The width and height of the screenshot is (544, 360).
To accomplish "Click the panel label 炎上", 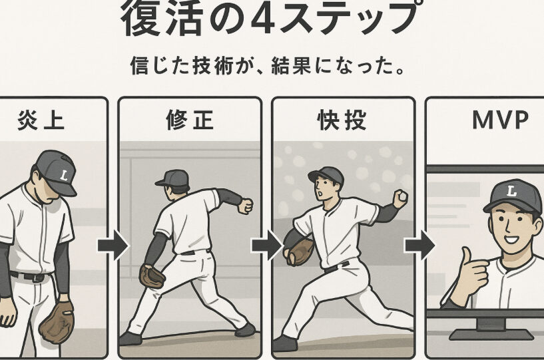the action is click(x=41, y=120).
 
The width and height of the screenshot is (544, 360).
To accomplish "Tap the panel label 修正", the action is click(x=190, y=120).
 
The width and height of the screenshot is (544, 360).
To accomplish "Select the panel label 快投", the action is click(x=342, y=120).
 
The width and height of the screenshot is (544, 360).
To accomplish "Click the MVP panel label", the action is click(x=500, y=120).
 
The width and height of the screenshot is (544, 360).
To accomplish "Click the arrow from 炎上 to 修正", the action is click(x=113, y=245).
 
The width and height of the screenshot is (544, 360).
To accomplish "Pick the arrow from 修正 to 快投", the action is click(x=267, y=245).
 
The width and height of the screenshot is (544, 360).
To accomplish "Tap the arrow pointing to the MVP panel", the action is click(x=420, y=245).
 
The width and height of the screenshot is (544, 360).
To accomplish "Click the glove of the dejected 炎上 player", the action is click(x=57, y=322).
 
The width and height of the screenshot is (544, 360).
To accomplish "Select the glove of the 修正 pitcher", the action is click(x=152, y=275).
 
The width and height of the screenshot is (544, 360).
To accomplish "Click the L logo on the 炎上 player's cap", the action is click(x=63, y=175).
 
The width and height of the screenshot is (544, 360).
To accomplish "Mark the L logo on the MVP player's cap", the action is click(x=511, y=191).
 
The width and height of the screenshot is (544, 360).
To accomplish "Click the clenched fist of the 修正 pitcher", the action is click(x=245, y=206).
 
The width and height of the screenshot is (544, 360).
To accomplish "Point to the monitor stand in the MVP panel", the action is click(x=491, y=329).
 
